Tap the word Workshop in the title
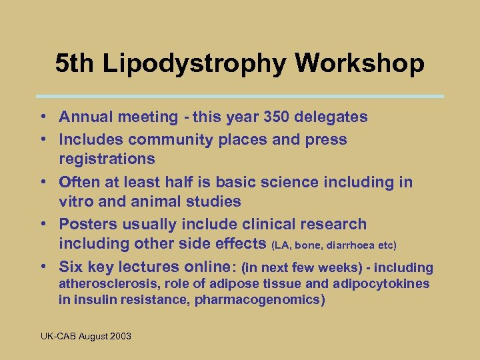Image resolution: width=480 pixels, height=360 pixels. pos(360,63)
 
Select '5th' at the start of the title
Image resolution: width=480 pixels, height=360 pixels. pos(72,63)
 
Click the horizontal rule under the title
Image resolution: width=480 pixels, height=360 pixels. pos(239,96)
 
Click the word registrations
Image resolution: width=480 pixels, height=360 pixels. pos(107,159)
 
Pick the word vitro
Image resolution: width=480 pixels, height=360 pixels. pos(78,201)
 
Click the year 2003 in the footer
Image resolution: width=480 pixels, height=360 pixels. pos(121,336)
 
